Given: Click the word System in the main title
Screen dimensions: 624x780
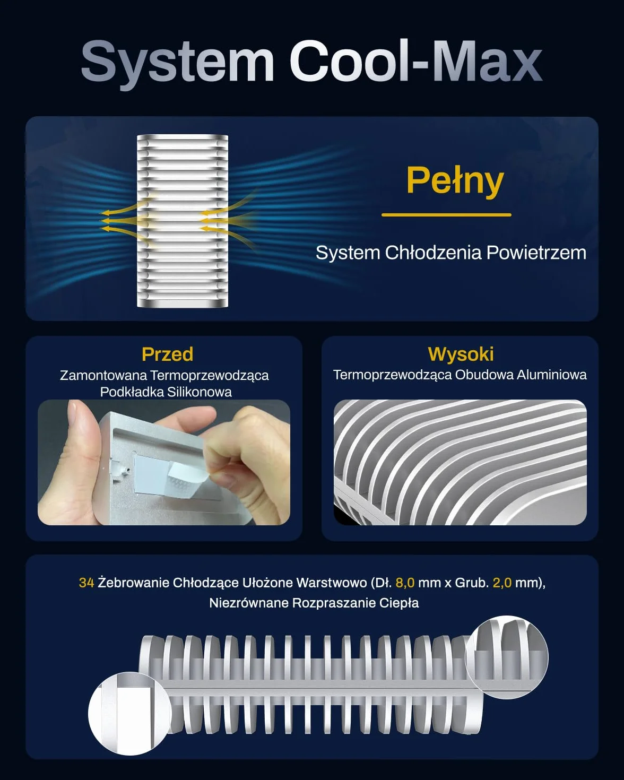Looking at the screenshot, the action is click(x=178, y=64).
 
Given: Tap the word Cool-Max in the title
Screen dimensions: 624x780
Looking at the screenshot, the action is click(x=415, y=61).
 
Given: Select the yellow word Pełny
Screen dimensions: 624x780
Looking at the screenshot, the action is click(x=455, y=181).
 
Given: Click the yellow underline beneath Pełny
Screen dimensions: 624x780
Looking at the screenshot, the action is click(x=446, y=215).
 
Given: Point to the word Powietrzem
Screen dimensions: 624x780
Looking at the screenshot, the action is click(x=536, y=253).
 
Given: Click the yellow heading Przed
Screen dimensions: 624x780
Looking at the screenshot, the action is click(x=168, y=354).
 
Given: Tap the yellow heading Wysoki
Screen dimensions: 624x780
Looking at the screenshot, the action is click(x=461, y=354).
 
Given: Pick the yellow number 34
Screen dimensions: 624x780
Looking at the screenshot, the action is click(x=86, y=583).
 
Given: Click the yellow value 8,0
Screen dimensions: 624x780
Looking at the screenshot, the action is click(x=405, y=583).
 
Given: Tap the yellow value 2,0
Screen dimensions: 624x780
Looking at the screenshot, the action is click(x=502, y=583).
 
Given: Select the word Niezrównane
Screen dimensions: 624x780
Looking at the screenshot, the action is click(x=249, y=603).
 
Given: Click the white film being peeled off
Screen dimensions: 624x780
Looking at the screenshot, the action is click(x=188, y=479).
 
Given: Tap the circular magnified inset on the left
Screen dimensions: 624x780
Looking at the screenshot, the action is click(x=129, y=714).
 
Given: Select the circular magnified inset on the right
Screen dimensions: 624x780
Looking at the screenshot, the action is click(x=507, y=657).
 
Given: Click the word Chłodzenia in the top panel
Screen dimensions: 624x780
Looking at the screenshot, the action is click(x=434, y=253).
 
